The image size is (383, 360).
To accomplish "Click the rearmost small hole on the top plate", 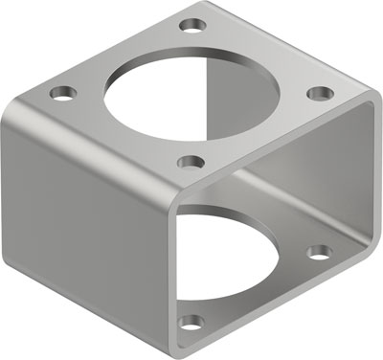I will coord(193,22).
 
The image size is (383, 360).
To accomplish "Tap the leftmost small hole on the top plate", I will coord(64,94).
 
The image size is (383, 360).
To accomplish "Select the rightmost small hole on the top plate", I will coord(321,93).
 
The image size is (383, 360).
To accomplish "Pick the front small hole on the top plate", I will coord(191,163).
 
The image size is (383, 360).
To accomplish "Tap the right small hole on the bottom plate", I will coord(319,253).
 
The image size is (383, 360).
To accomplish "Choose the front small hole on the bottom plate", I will coord(192,322).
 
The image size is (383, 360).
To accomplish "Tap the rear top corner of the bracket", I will coord(196,6).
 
